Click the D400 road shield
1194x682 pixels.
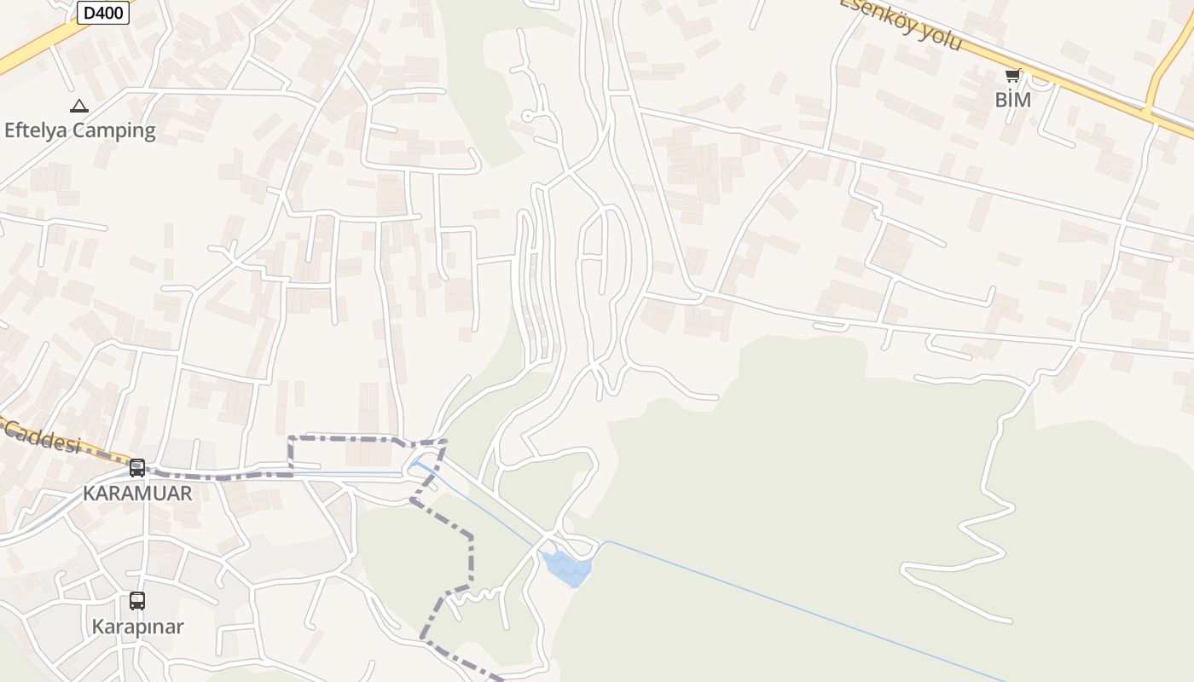tap(103, 13)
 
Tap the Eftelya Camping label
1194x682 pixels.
tap(80, 130)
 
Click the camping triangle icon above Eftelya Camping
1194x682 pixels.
tap(79, 107)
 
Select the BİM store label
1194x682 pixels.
tap(1013, 100)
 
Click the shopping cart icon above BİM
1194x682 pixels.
tap(1012, 76)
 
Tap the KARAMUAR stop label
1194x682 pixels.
tap(137, 493)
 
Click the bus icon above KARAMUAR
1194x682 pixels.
tap(137, 468)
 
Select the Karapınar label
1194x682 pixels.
tap(137, 627)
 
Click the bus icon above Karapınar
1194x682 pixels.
tap(137, 601)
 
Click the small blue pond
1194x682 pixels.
tap(565, 566)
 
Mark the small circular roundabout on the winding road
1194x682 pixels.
tap(528, 116)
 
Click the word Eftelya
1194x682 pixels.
tap(36, 130)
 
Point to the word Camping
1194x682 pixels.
tap(114, 131)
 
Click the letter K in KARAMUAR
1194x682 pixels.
tap(89, 493)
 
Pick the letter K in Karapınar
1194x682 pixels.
tap(97, 627)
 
